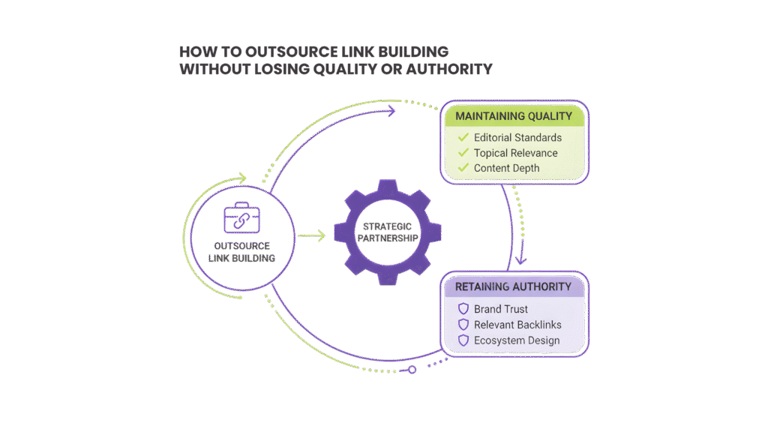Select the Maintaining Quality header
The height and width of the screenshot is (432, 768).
point(514,116)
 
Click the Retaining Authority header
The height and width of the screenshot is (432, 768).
point(512,286)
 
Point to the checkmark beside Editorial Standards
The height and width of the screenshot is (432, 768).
point(463,137)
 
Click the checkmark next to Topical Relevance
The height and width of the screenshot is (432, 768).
point(463,153)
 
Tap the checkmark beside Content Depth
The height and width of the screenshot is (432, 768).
point(463,168)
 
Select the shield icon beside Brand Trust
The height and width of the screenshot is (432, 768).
point(463,309)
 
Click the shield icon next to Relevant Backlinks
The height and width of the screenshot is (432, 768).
point(463,325)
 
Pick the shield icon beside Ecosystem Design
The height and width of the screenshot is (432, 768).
point(463,340)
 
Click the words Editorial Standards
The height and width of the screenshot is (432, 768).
point(517,138)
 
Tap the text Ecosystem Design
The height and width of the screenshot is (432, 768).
point(517,340)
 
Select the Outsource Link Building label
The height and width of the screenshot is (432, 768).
point(241,251)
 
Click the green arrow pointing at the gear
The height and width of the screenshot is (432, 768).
point(311,236)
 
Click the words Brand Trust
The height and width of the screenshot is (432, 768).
point(501,309)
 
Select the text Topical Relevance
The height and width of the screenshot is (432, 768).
point(516,153)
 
